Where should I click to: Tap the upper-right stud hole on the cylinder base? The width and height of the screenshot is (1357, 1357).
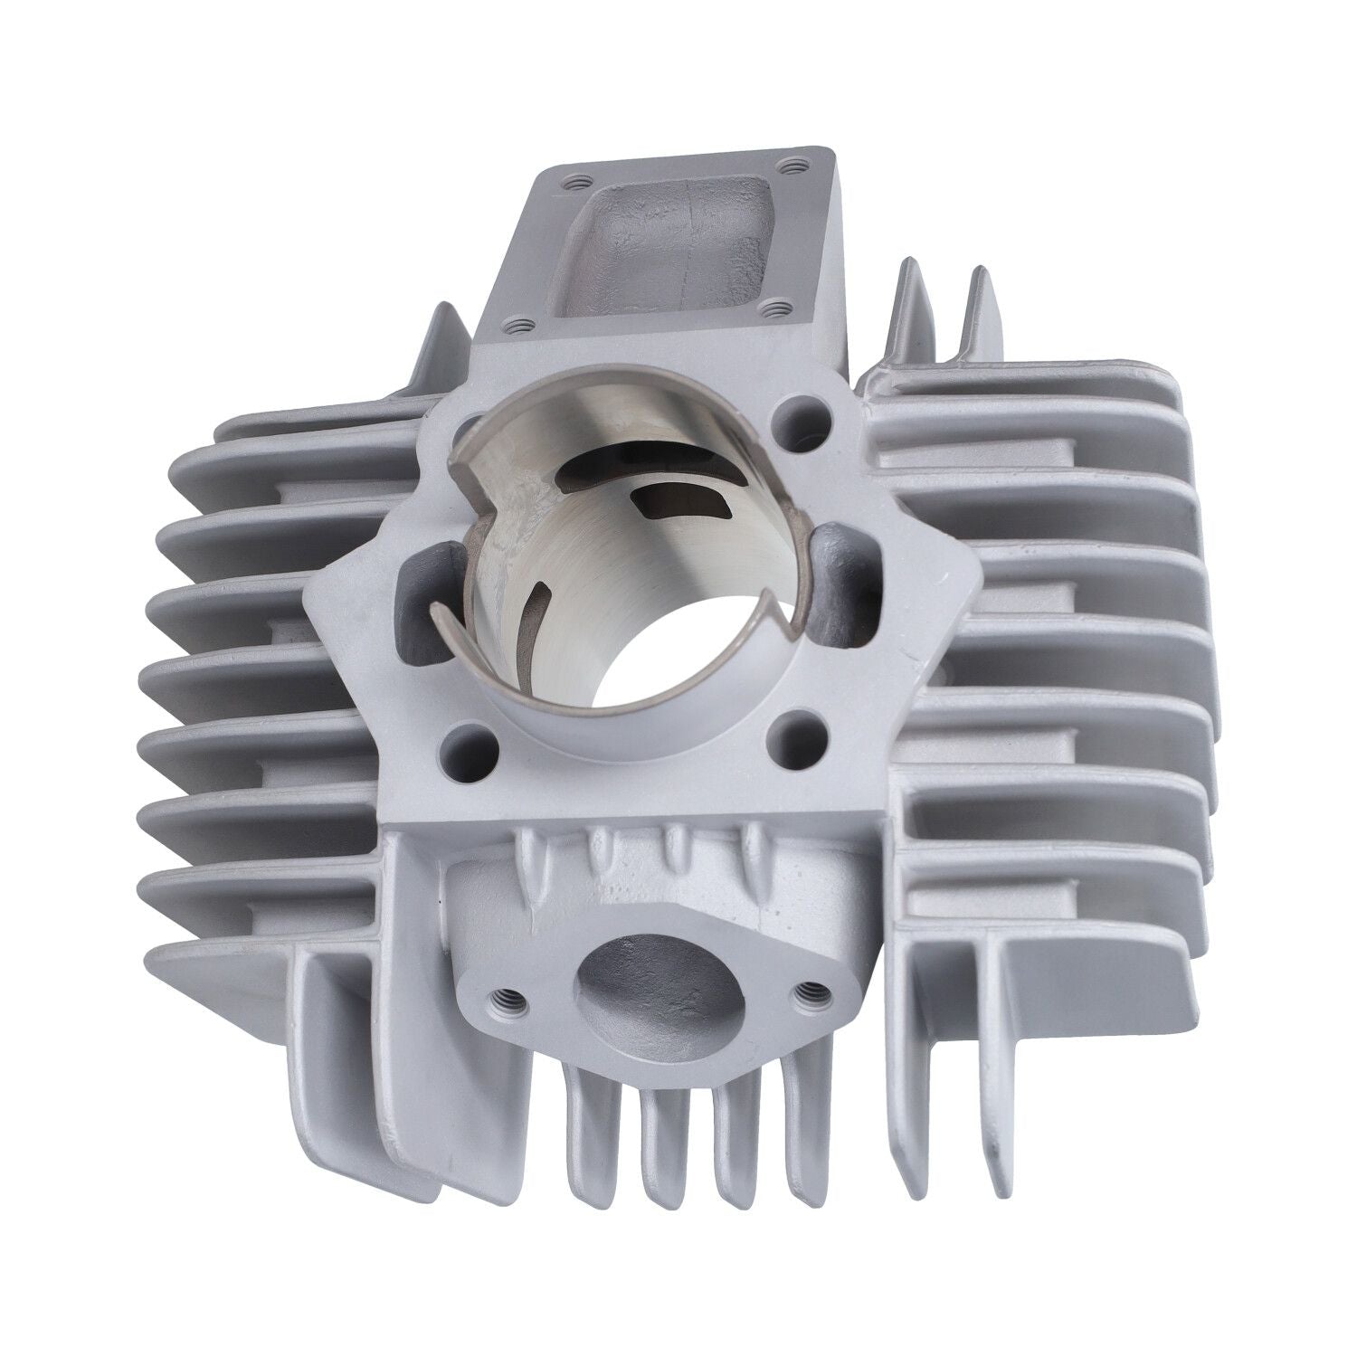coord(797,411)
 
